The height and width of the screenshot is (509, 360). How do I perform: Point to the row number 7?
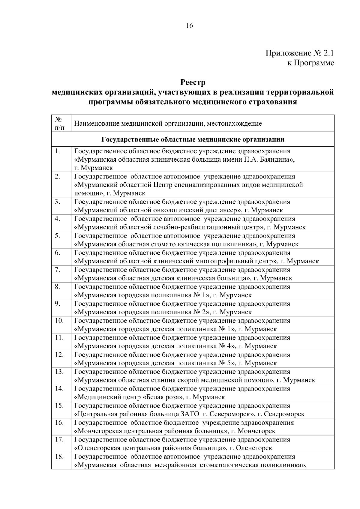[58, 270]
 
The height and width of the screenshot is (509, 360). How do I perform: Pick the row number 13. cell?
[59, 372]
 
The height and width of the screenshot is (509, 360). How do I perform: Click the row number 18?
[59, 457]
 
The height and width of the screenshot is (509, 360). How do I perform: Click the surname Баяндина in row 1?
[274, 160]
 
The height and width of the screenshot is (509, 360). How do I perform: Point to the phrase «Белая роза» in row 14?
[163, 397]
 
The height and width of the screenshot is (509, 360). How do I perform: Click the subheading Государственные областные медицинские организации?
[193, 139]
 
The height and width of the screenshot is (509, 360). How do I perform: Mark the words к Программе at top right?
[311, 63]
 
